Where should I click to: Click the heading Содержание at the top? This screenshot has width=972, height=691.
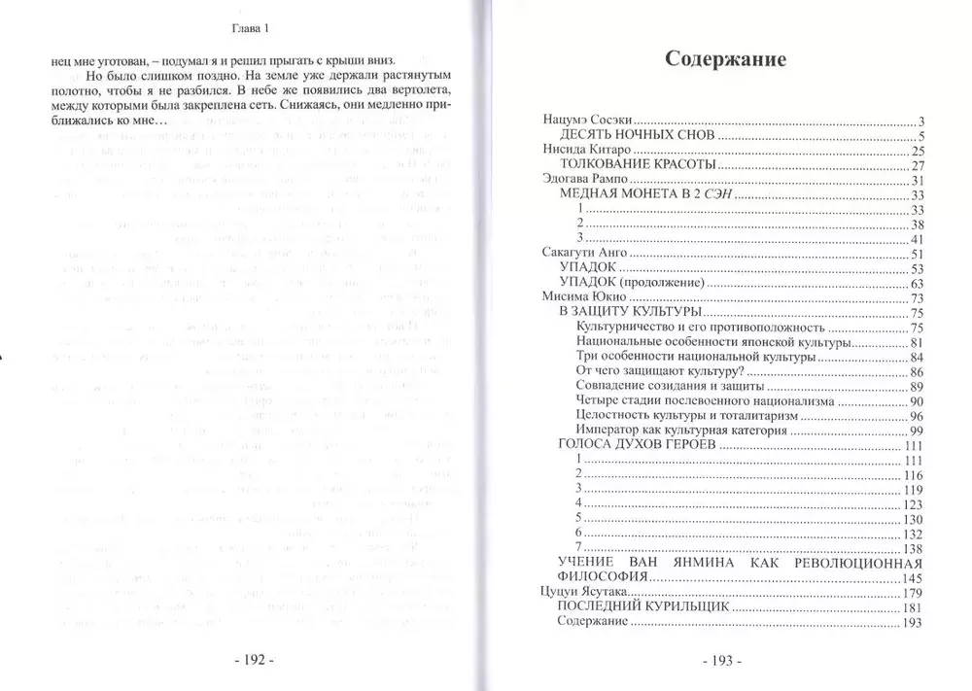coord(725,59)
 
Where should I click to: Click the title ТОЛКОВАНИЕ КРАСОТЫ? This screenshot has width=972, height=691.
coord(637,168)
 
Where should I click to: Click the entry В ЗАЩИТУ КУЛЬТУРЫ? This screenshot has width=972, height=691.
coord(630,314)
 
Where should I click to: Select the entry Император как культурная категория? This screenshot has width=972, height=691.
coord(684,430)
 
